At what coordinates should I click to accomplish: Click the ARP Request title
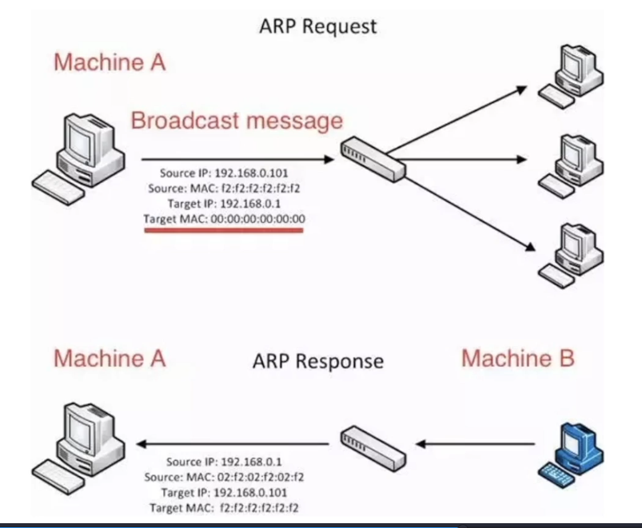click(317, 26)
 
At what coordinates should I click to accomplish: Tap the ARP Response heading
click(317, 361)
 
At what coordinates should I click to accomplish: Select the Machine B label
click(517, 359)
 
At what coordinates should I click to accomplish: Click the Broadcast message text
click(237, 121)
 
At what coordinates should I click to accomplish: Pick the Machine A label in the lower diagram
click(110, 359)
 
